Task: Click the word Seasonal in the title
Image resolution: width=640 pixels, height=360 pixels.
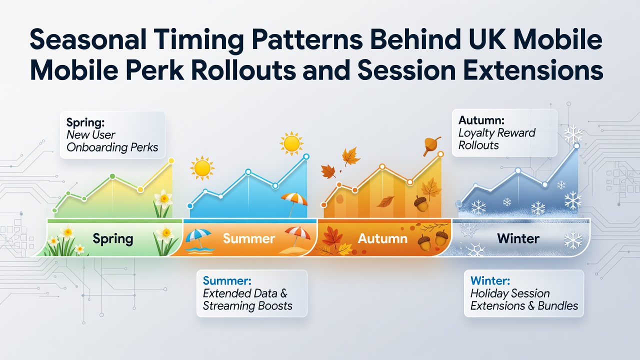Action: click(x=88, y=39)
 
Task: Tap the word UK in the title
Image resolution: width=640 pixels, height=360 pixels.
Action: click(x=492, y=39)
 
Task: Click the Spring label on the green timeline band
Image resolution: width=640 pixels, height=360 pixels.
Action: click(x=113, y=239)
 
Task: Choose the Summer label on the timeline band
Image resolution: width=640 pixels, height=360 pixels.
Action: click(x=249, y=238)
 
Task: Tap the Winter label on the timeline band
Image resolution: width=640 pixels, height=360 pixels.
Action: click(x=518, y=238)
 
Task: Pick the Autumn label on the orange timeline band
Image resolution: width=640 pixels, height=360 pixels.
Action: click(x=382, y=238)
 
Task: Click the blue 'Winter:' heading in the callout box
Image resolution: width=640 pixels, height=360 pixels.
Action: click(x=490, y=280)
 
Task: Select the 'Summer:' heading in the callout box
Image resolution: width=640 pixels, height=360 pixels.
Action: click(x=227, y=280)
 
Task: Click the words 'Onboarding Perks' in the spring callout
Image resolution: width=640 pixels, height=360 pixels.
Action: click(x=112, y=147)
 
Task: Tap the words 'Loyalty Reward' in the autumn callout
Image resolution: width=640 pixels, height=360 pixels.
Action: click(x=497, y=133)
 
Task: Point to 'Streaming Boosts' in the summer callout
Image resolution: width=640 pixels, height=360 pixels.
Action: click(x=247, y=306)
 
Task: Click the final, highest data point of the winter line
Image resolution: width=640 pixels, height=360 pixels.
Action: click(x=576, y=146)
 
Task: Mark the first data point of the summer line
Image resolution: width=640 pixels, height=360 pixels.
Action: click(x=190, y=205)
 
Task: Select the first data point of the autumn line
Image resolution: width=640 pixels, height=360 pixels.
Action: click(x=323, y=205)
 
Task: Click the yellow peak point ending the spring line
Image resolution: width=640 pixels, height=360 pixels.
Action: click(x=171, y=161)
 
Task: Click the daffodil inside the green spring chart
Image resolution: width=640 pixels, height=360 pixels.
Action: click(x=163, y=203)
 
